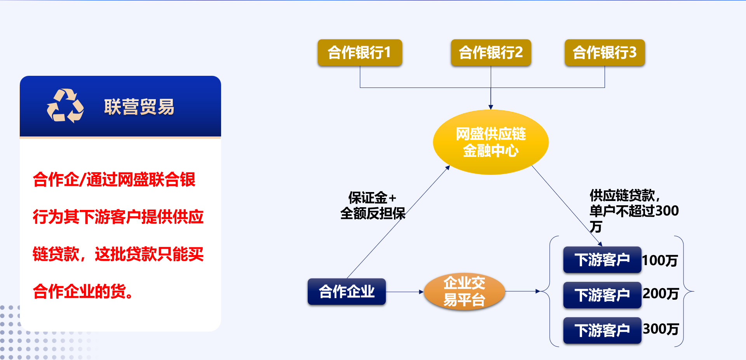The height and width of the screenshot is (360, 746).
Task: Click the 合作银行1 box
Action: coord(360,52)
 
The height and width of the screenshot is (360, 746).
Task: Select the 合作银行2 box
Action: coord(491,52)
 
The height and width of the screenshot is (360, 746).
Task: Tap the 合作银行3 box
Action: coord(605,52)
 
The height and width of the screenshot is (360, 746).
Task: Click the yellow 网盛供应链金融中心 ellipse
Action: coord(491,142)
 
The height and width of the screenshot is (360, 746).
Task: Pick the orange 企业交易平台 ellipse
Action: coord(464,291)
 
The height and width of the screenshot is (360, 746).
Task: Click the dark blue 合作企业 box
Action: coord(347,292)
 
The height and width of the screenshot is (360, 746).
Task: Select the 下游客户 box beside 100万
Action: coord(602,260)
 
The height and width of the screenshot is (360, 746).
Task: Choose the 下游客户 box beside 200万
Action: coord(602,295)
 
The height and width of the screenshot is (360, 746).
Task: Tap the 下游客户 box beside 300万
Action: coord(602,330)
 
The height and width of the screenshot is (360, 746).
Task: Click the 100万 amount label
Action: coord(660,260)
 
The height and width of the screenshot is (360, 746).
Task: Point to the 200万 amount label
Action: coord(661,294)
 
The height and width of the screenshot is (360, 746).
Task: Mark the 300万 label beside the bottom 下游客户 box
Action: coord(661,329)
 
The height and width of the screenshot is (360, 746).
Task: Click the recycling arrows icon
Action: coord(65,106)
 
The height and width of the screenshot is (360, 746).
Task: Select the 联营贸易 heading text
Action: coord(139,107)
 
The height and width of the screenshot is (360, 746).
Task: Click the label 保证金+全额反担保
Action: coord(373,206)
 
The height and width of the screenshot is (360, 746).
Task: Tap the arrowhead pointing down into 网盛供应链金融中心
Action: coord(491,107)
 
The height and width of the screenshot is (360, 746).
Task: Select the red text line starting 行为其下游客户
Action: coord(118,217)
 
